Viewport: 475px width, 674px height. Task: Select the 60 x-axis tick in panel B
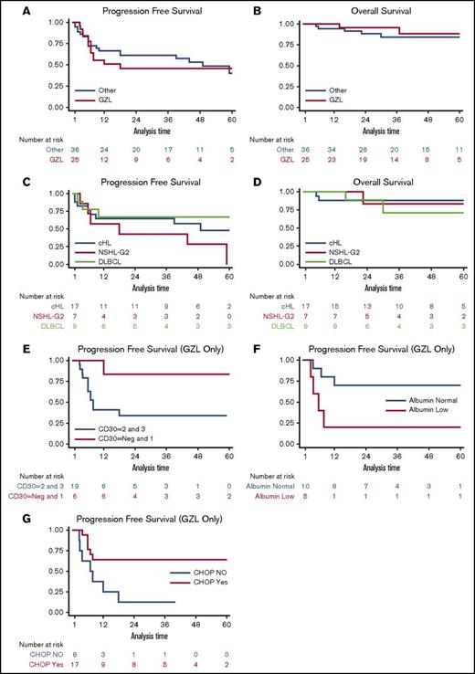pos(462,119)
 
